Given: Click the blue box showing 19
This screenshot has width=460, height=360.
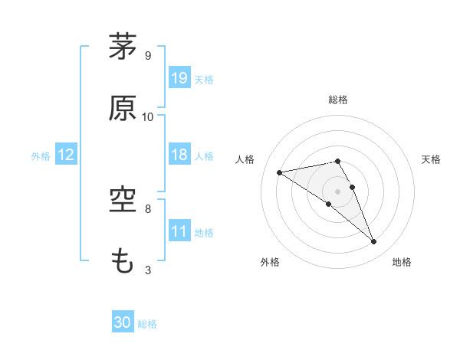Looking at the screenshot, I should point(179,78).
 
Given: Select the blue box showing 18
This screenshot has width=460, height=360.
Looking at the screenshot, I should point(179,155).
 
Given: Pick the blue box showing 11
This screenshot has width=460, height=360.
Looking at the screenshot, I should point(179,231).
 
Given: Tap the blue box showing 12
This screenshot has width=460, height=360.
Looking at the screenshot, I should point(66,155).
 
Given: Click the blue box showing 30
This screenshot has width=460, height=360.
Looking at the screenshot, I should point(123,322).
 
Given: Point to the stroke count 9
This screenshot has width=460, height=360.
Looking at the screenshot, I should point(148,55).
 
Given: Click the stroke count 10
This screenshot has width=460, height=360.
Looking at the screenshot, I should point(148,116).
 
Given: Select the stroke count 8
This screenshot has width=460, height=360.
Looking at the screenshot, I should point(148,208).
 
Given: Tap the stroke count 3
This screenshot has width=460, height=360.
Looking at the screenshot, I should point(148,270).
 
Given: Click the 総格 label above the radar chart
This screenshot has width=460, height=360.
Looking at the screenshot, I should point(338,100).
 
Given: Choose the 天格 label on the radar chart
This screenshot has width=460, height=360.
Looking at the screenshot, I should point(432,159).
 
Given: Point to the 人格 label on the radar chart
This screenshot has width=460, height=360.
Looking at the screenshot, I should point(245,159).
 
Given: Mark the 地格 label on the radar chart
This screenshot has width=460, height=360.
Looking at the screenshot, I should point(402,262).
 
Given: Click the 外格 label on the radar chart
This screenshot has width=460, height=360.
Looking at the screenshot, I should point(270,262).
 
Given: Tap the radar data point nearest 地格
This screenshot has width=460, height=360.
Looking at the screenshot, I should point(374,242).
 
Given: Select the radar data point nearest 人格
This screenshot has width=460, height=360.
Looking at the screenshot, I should point(280,172).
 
